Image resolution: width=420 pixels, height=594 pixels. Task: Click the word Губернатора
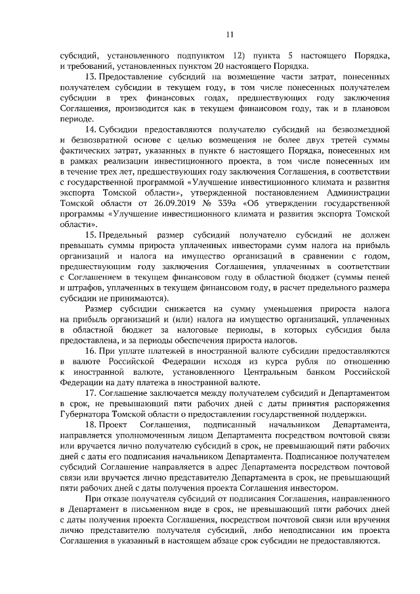(85, 414)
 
